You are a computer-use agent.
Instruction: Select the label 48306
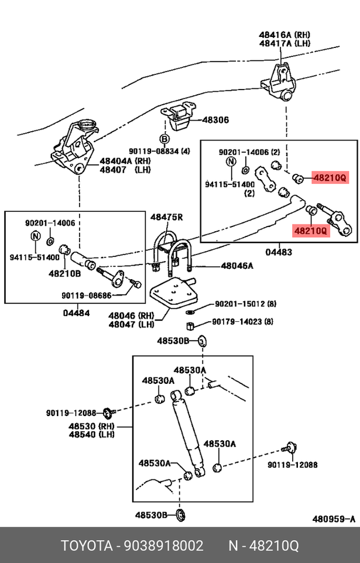tap(215, 120)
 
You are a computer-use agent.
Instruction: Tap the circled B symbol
tap(164, 139)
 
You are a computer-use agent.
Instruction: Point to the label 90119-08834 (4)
tap(160, 152)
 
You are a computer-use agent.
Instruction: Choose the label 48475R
tap(167, 217)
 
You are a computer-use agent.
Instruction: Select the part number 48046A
tap(237, 266)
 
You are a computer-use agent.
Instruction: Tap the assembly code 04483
tap(279, 252)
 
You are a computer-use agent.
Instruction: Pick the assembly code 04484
tap(76, 313)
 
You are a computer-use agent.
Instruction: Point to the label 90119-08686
tap(86, 296)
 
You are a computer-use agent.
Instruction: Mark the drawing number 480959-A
tap(333, 519)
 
